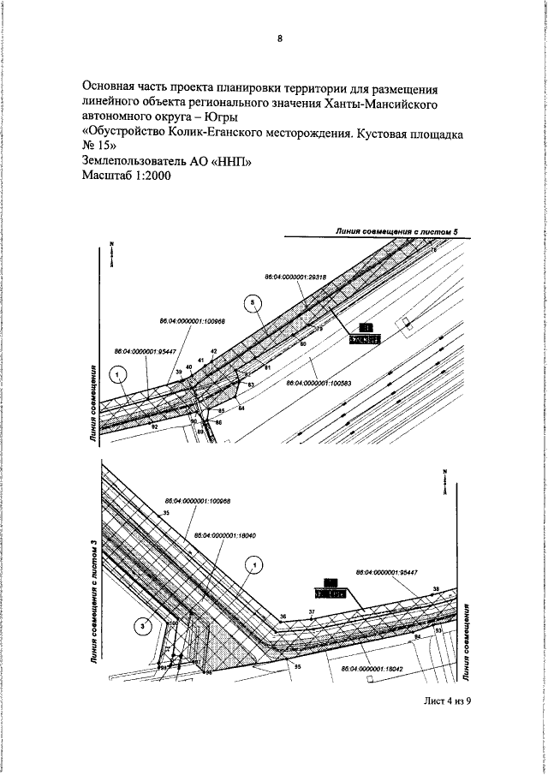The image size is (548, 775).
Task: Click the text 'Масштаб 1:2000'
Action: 127,176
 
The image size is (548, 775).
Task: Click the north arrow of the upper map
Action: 111,254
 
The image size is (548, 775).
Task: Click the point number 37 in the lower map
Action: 313,611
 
